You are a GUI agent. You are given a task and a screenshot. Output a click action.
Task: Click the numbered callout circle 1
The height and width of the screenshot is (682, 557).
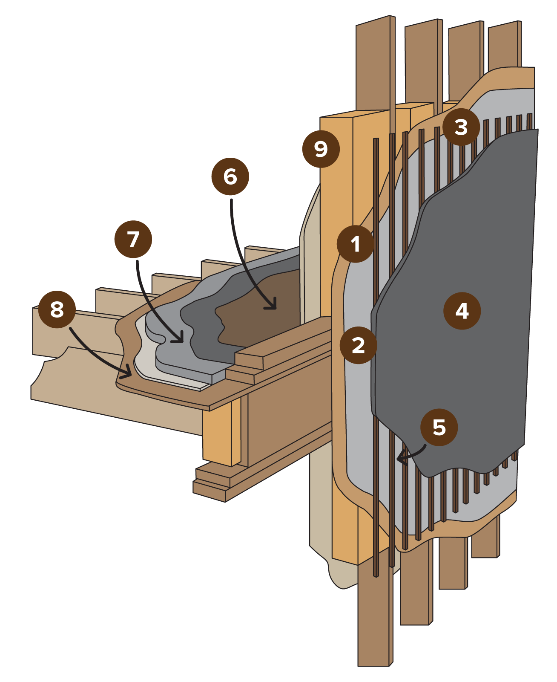click(x=355, y=244)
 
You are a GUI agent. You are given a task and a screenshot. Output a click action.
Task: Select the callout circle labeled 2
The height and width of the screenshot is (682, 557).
click(x=358, y=345)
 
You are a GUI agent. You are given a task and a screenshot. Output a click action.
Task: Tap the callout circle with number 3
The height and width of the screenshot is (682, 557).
click(x=461, y=127)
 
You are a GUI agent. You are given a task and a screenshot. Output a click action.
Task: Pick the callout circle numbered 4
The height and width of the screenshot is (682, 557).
click(x=462, y=311)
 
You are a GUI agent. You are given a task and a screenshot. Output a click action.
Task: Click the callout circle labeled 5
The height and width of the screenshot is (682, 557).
click(x=439, y=427)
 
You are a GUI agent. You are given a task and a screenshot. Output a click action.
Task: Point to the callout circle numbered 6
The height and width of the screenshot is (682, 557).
click(x=230, y=176)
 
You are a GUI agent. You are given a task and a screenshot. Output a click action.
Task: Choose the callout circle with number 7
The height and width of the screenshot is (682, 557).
click(x=133, y=239)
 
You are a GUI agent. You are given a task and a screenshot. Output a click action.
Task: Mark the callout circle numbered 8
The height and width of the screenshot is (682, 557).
click(x=57, y=309)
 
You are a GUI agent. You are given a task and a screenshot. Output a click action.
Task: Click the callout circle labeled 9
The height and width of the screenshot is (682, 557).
click(x=321, y=149)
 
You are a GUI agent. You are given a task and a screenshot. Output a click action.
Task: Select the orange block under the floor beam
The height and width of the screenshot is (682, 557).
click(x=221, y=435)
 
